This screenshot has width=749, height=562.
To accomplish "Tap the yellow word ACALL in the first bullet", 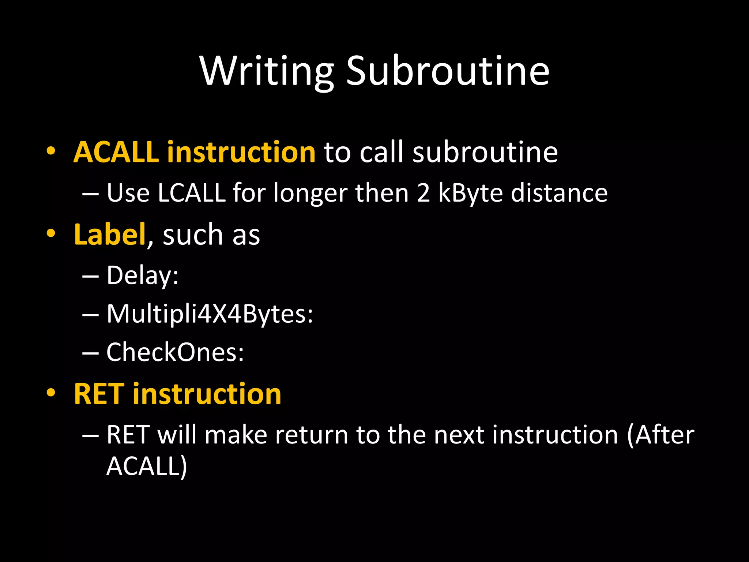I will click(116, 152).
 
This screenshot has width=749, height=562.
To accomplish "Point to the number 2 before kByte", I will click(423, 193).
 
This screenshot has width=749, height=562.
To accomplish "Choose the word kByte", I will click(470, 193).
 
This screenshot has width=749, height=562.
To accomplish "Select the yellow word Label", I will click(110, 235).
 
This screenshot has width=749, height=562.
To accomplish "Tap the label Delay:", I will click(142, 275).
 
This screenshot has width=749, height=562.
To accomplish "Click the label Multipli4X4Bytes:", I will click(210, 314).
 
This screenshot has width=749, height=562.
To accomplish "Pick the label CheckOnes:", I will click(175, 352).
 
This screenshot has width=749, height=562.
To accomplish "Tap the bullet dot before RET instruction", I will click(51, 393).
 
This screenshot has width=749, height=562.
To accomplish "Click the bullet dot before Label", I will click(51, 233).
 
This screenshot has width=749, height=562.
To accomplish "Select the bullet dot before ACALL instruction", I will click(51, 151).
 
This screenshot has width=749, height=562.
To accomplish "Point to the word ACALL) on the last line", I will click(147, 466).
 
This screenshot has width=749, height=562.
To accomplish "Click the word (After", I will click(660, 435).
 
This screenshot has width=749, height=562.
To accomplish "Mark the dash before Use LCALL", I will click(90, 194).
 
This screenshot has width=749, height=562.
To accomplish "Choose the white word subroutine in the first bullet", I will click(485, 152).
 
